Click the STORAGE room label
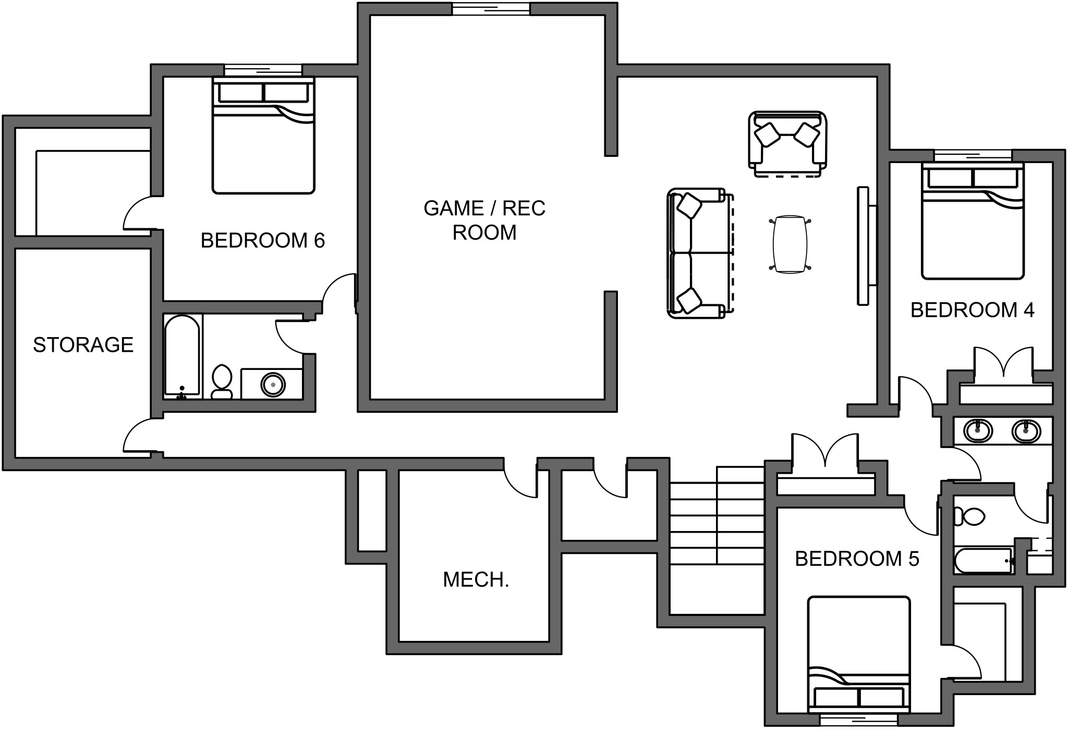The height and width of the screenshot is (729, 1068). click(x=83, y=345)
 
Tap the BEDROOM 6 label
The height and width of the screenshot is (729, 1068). click(x=262, y=240)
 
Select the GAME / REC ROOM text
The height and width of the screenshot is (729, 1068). click(x=484, y=220)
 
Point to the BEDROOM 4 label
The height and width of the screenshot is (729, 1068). click(x=972, y=310)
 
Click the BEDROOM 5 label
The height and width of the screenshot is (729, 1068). click(x=857, y=559)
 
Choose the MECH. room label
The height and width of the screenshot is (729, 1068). click(x=476, y=579)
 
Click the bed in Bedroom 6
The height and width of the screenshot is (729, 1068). click(x=263, y=137)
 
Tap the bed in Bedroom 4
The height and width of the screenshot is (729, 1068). click(x=973, y=221)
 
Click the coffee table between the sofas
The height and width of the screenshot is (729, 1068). click(x=790, y=244)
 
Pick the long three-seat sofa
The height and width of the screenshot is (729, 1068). click(x=696, y=253)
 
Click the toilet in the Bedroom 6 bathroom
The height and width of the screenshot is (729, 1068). click(x=222, y=381)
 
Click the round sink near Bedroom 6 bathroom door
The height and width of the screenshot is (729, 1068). click(x=273, y=385)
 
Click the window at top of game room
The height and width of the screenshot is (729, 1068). click(x=491, y=9)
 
